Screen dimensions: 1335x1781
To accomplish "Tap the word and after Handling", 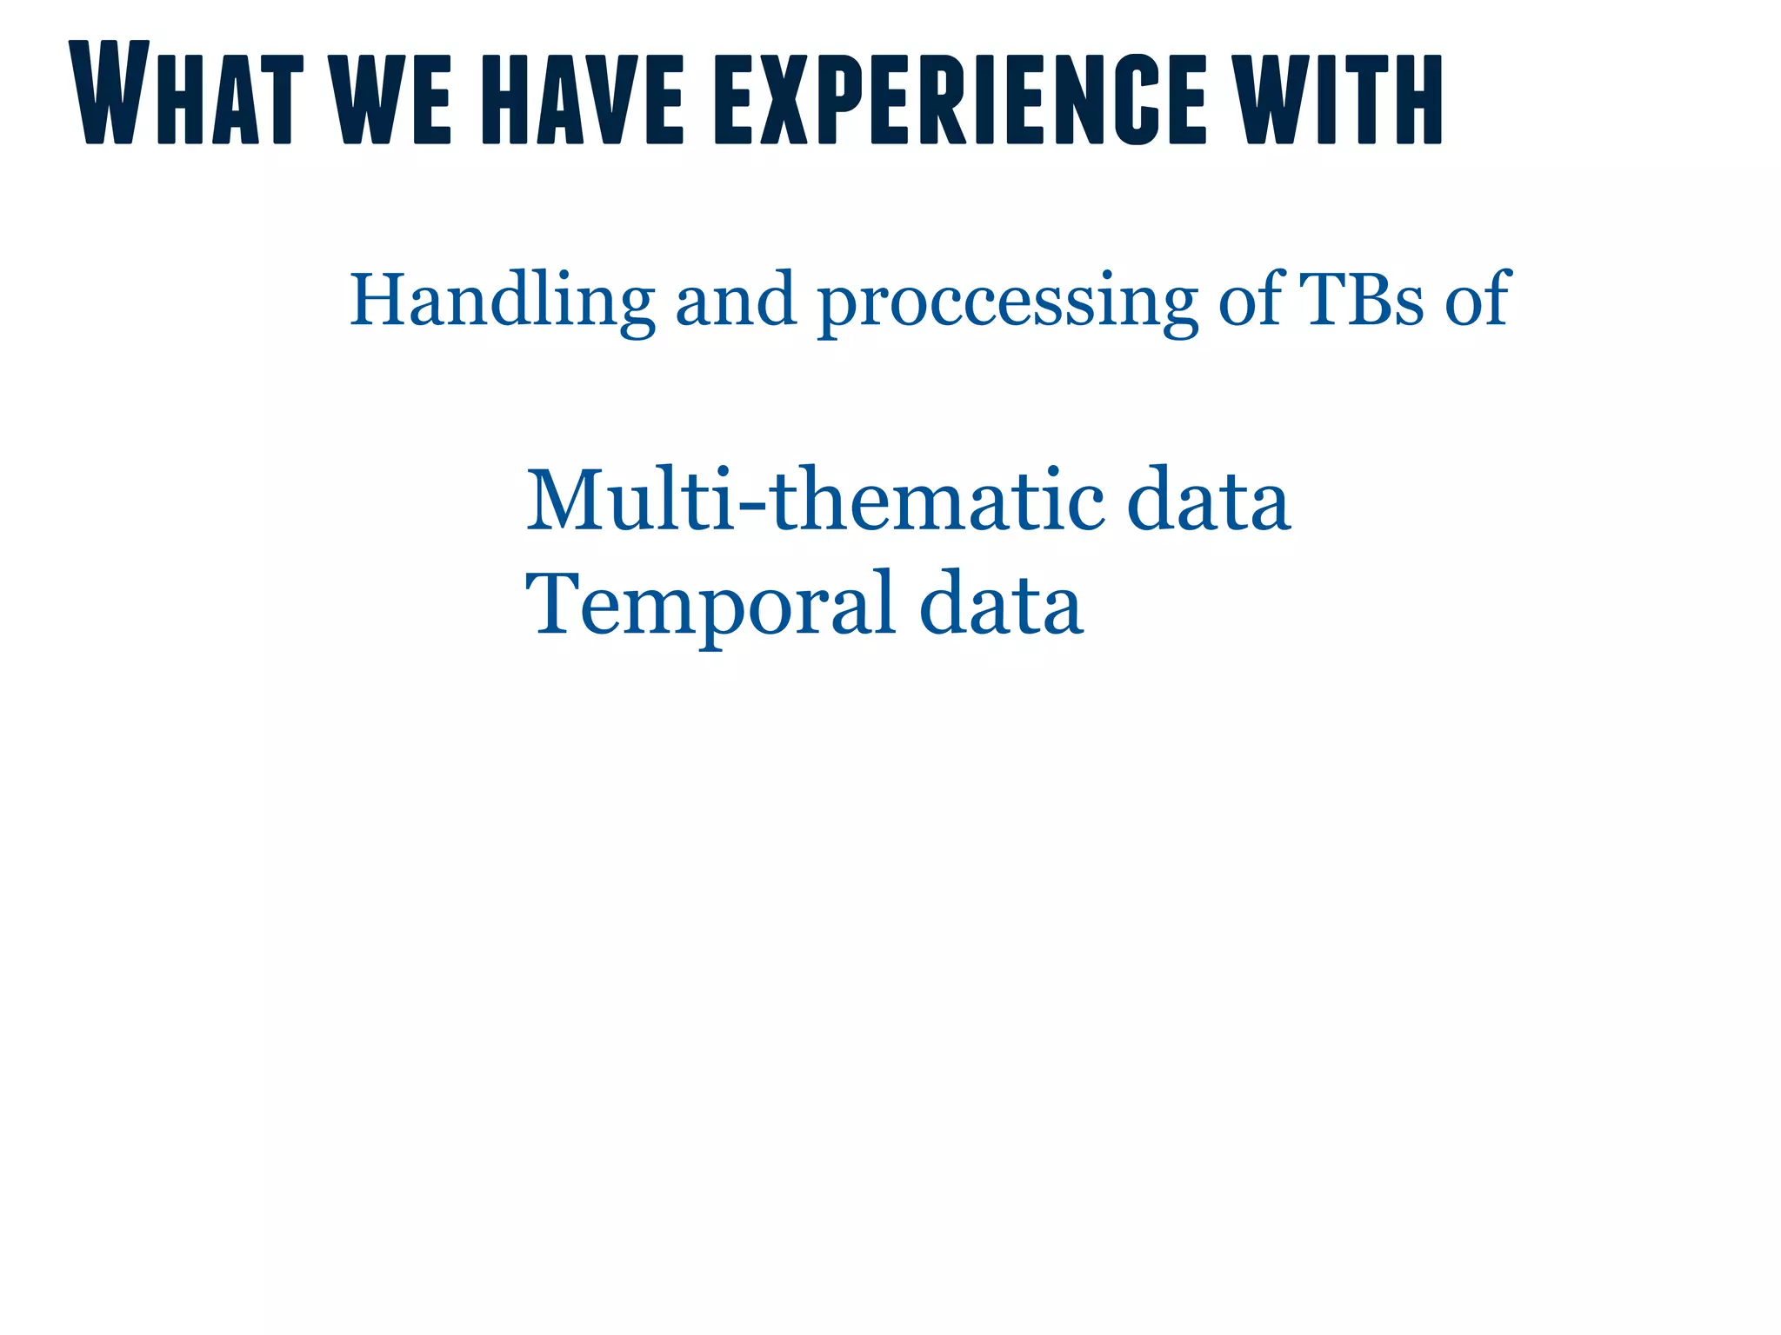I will (x=736, y=300).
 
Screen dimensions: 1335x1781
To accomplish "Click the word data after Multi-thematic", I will (x=1208, y=501).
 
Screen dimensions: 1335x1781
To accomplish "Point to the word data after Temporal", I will (x=1001, y=604).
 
